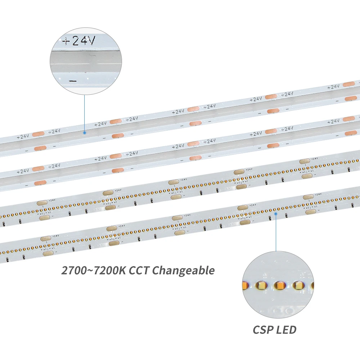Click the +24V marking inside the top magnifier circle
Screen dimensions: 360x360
coord(79,41)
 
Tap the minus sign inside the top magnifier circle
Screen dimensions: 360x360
coord(73,81)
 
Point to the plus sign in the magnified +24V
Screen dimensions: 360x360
coord(66,41)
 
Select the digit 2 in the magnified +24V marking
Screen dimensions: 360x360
coord(75,41)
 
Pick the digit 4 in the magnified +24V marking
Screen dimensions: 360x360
coord(84,41)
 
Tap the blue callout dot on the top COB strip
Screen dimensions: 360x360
coord(85,132)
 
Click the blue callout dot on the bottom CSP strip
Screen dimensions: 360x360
coord(276,213)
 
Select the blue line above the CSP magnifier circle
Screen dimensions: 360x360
coord(276,232)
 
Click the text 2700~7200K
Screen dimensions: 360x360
coord(91,270)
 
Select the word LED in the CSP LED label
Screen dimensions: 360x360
coord(287,329)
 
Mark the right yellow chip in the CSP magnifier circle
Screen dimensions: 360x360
coord(298,286)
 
